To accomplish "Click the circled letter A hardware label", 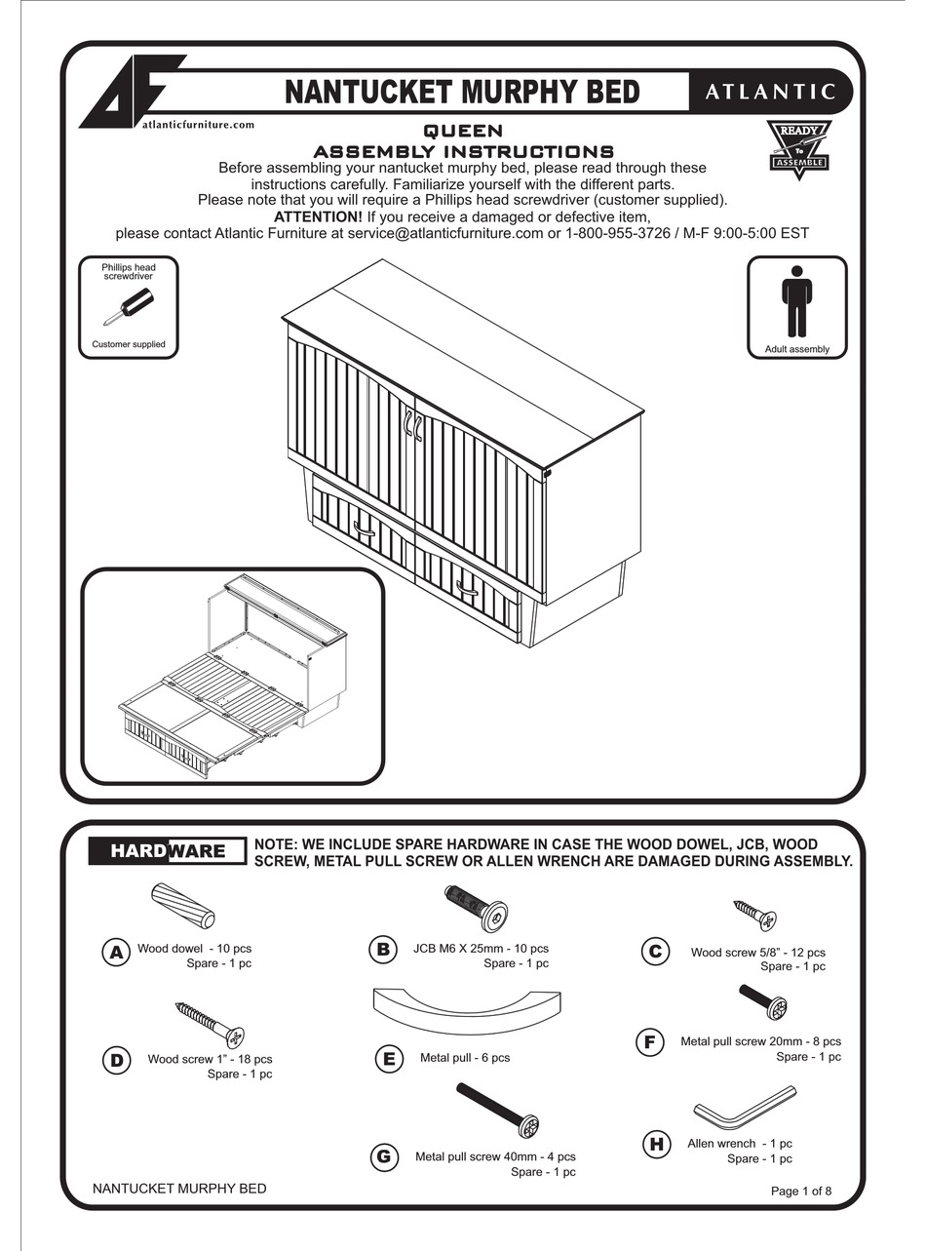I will coord(116,953).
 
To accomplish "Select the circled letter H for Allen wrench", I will coord(656,1144).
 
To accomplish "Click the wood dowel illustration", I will coord(183,906).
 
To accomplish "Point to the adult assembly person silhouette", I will coord(796,301).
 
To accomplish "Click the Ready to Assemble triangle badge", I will coord(798,148).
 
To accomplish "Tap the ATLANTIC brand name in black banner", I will coord(770,93).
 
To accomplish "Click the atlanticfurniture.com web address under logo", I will coord(198,125).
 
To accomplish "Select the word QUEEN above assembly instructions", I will coord(463,131).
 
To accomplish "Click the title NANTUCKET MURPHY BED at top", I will coord(462,93).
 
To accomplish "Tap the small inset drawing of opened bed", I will coord(232,676).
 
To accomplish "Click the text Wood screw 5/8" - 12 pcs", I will coord(757,953).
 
